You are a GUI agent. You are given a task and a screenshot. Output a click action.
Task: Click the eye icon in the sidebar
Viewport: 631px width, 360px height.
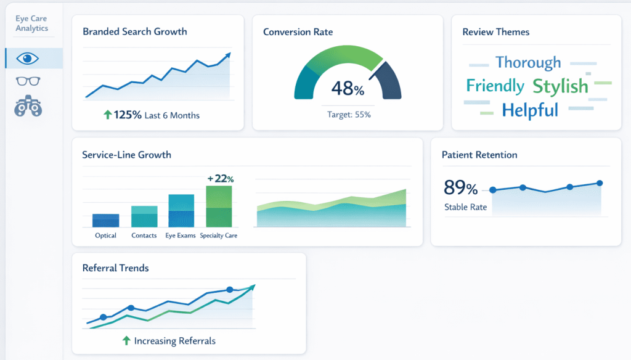[28, 59]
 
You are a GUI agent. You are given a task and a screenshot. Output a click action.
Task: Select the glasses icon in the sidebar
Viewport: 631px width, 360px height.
[28, 81]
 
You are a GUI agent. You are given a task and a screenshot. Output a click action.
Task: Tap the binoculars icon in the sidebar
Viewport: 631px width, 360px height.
[28, 106]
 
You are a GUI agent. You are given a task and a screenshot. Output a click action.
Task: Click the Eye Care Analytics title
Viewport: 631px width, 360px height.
[31, 23]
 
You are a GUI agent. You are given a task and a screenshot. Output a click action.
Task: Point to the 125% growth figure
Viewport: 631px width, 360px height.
[128, 115]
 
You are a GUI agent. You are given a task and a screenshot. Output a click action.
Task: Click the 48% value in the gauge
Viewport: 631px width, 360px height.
[348, 89]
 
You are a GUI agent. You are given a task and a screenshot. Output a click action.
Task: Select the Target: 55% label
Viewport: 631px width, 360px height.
[348, 115]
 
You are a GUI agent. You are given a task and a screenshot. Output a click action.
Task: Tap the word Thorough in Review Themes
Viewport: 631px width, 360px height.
[528, 62]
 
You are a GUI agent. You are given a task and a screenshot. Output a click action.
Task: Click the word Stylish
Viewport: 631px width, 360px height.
[560, 86]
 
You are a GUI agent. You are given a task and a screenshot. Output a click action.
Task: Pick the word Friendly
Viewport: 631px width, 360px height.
[495, 86]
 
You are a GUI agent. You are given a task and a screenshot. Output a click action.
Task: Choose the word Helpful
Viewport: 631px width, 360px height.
[530, 110]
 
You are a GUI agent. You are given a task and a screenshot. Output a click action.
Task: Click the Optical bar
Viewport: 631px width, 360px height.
[105, 221]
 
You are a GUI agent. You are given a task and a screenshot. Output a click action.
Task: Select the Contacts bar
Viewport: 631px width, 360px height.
[144, 217]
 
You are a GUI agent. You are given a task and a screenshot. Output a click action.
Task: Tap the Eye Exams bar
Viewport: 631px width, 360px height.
[181, 211]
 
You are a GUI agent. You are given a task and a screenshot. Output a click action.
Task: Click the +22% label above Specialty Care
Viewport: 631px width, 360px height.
[220, 179]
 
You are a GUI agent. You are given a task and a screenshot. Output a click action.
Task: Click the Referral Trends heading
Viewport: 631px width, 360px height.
[115, 268]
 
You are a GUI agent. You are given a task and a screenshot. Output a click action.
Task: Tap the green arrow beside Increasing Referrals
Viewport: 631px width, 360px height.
[126, 340]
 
